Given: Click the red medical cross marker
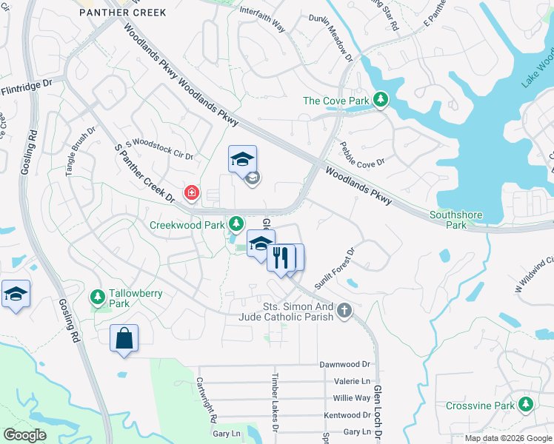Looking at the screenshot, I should point(192,193).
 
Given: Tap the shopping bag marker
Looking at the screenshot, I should point(124,339).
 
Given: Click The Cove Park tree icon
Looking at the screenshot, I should point(381,100).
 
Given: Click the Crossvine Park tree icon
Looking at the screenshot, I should point(526,405).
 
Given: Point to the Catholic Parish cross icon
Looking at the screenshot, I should point(344,312).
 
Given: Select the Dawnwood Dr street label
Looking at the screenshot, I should point(344,365).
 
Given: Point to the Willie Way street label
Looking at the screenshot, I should point(352,397).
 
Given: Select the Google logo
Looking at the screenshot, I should point(24,435).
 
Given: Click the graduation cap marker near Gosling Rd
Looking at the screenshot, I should point(16,295).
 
